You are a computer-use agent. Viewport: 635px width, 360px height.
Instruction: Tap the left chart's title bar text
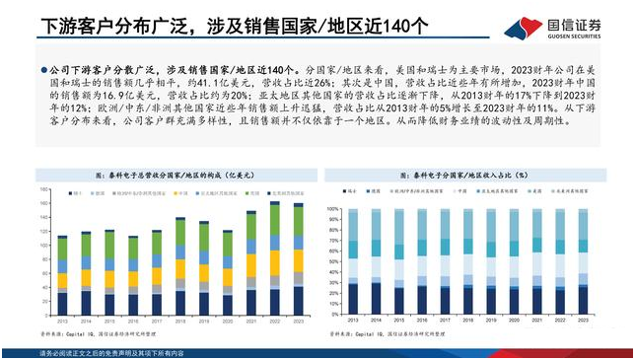pyautogui.click(x=175, y=175)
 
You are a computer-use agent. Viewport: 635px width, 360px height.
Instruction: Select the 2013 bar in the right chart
pyautogui.click(x=353, y=261)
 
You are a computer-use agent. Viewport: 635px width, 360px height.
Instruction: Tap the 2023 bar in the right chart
pyautogui.click(x=582, y=261)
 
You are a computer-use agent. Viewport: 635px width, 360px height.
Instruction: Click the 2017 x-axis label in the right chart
pyautogui.click(x=445, y=321)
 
